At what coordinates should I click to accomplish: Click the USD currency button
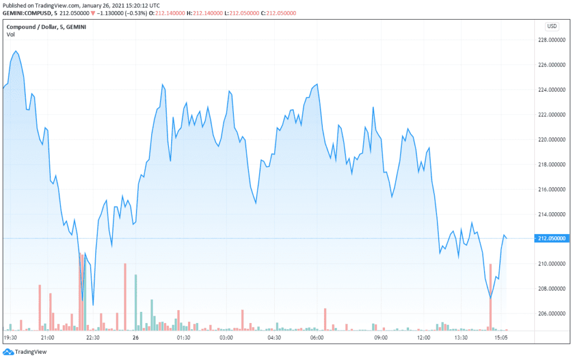(552, 26)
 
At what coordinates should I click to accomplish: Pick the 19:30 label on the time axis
(11, 338)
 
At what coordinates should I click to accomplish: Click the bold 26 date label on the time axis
(135, 338)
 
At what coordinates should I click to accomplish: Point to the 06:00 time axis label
(317, 338)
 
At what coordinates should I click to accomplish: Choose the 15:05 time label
(501, 338)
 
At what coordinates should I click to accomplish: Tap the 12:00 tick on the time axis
(424, 338)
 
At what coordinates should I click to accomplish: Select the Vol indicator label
(11, 35)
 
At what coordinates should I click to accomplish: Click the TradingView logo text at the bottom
(31, 352)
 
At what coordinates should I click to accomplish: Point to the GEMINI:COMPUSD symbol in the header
(25, 13)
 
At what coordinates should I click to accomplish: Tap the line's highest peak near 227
(16, 52)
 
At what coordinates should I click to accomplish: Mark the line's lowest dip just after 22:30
(93, 305)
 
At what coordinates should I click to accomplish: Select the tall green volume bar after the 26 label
(136, 302)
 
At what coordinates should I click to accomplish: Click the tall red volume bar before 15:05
(490, 297)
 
